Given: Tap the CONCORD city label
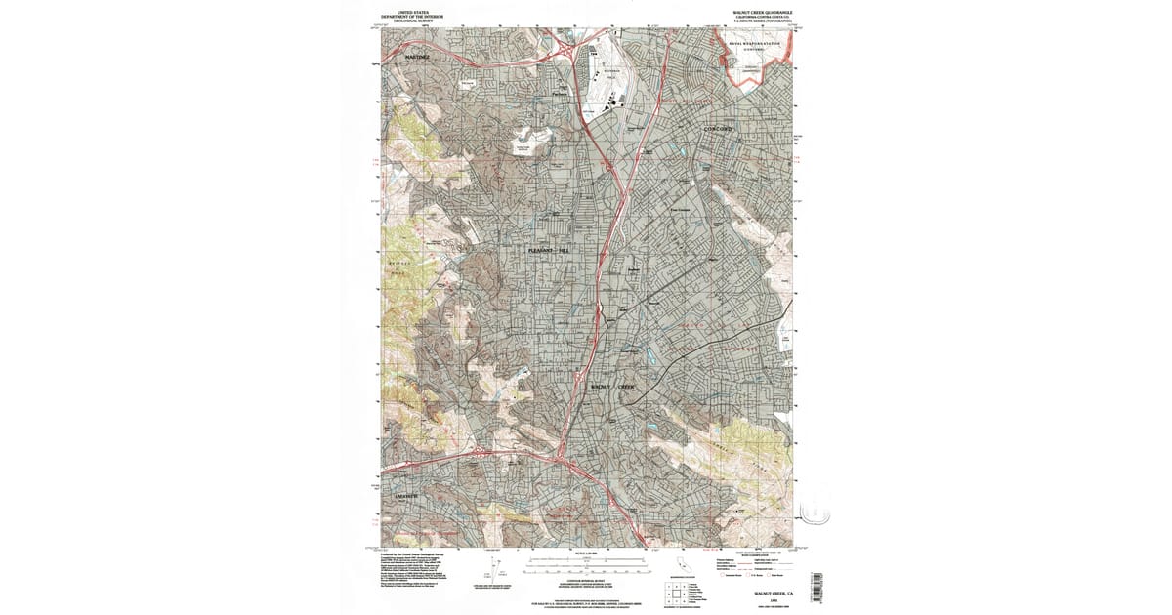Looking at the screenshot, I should [725, 129].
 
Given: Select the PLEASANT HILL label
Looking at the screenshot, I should [547, 251].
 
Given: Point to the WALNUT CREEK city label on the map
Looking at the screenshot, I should [614, 387].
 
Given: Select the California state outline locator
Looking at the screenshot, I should [680, 565].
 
